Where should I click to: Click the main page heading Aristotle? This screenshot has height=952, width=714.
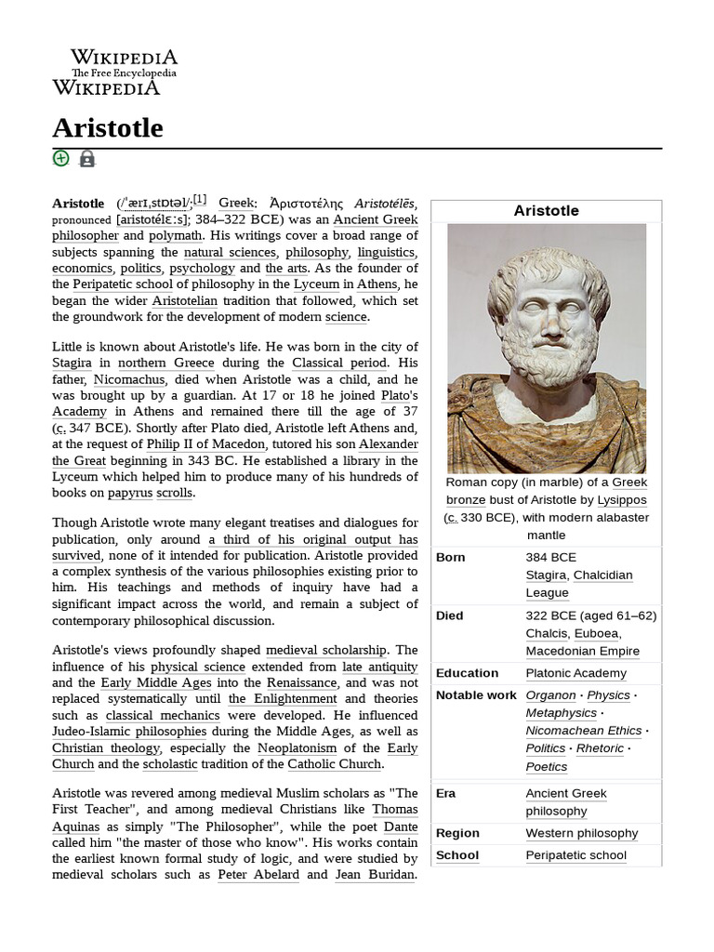[x=107, y=128]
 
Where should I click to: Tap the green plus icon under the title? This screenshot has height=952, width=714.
[x=60, y=158]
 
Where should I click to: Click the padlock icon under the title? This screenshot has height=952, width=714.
[x=86, y=159]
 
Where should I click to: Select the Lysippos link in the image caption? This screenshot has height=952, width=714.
[x=622, y=499]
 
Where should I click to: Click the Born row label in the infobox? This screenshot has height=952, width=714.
[x=450, y=557]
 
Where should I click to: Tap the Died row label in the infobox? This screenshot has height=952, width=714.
[x=451, y=615]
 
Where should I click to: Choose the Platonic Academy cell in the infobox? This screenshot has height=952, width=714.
[x=575, y=673]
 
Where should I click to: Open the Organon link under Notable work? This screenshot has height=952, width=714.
[x=550, y=695]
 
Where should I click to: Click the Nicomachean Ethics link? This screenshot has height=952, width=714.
[x=583, y=731]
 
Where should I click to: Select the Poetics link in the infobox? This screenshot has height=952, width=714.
[x=546, y=767]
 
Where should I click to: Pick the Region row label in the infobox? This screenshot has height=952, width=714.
[x=457, y=833]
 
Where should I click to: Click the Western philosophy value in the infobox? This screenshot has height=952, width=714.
[x=581, y=833]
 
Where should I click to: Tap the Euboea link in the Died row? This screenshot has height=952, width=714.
[x=596, y=633]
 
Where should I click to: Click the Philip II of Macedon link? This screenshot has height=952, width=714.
[x=205, y=444]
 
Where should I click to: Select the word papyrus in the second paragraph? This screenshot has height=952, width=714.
[x=129, y=493]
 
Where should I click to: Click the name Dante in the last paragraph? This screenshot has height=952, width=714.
[x=401, y=826]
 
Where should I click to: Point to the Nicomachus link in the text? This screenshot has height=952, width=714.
[x=129, y=379]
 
